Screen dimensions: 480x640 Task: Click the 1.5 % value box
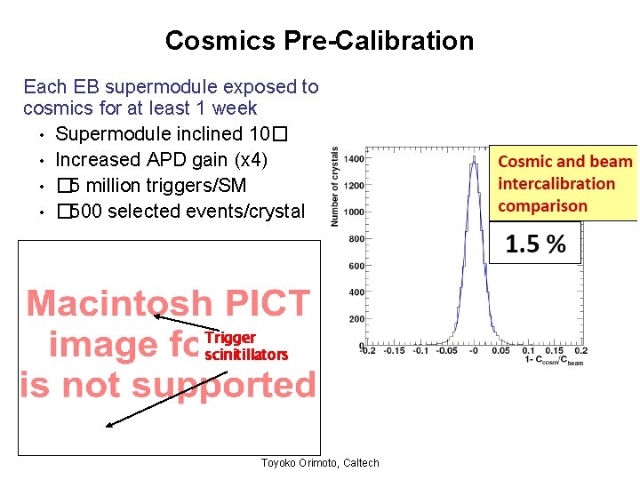coord(535,244)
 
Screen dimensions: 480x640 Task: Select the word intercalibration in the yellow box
coord(556,184)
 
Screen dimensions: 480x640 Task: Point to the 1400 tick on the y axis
coord(353,158)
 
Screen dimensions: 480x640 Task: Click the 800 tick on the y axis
coord(356,239)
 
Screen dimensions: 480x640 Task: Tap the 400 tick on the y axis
coord(356,292)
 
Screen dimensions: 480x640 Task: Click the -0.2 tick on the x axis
coord(367,351)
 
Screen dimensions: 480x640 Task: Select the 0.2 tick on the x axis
coord(581,351)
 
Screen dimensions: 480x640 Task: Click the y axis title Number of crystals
coord(335,187)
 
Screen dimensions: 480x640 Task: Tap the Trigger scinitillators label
coord(245,347)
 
